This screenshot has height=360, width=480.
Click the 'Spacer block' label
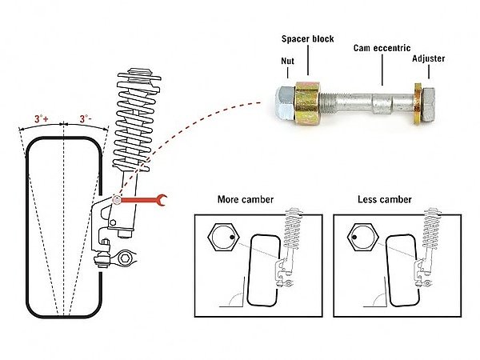tap(307, 38)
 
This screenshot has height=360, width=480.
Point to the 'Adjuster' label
tap(430, 58)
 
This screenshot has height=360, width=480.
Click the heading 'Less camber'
tap(384, 200)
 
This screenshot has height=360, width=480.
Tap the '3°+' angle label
tap(42, 118)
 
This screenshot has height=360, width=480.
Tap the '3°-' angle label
tap(85, 118)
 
